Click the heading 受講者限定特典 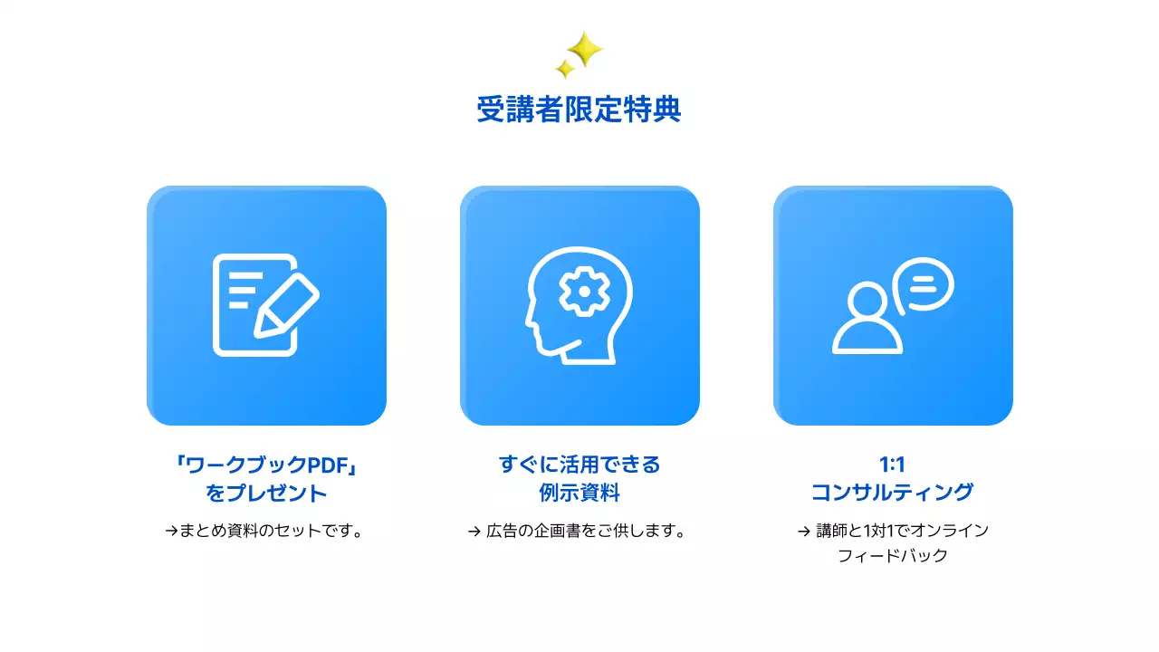pyautogui.click(x=579, y=110)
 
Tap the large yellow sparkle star pyautogui.click(x=585, y=49)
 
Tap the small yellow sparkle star pyautogui.click(x=565, y=69)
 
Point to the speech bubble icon pyautogui.click(x=924, y=284)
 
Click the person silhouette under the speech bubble pyautogui.click(x=867, y=321)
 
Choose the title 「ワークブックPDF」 pyautogui.click(x=266, y=465)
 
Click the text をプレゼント pyautogui.click(x=266, y=494)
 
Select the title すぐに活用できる pyautogui.click(x=579, y=465)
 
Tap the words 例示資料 pyautogui.click(x=579, y=494)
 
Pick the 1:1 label pyautogui.click(x=892, y=465)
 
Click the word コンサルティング pyautogui.click(x=892, y=493)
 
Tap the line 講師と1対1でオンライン pyautogui.click(x=902, y=531)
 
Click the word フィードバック pyautogui.click(x=892, y=556)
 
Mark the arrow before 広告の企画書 pyautogui.click(x=474, y=532)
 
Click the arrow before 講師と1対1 pyautogui.click(x=803, y=532)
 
